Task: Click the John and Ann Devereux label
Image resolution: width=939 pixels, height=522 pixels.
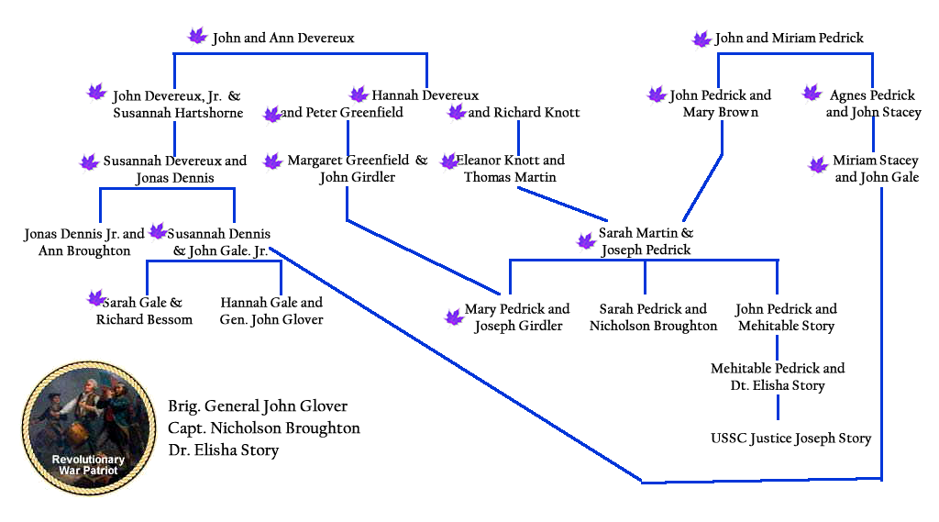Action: point(282,39)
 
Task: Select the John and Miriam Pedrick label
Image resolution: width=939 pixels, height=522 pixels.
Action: point(789,39)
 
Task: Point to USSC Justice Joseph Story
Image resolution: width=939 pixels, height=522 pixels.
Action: point(790,439)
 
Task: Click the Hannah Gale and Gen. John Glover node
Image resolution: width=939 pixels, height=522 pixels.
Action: point(271,311)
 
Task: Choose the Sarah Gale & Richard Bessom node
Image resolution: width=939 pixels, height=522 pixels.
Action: point(144,311)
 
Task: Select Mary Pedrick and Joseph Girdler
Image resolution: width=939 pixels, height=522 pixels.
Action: point(518,317)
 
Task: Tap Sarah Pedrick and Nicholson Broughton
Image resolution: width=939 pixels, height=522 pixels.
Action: point(653,317)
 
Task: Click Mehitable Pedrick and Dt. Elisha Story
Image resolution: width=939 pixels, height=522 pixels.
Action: point(778,377)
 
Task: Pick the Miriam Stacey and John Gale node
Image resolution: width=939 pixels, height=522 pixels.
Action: point(876,169)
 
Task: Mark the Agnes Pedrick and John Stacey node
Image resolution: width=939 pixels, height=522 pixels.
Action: point(872,104)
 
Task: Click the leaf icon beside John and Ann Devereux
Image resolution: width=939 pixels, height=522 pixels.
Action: point(197,37)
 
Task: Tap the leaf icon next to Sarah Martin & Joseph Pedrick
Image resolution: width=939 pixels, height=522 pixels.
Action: point(585,241)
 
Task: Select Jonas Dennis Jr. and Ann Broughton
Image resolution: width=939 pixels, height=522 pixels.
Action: point(84,242)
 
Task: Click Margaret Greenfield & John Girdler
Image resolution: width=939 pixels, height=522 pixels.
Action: point(358,169)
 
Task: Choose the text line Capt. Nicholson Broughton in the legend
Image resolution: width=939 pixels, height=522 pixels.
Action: point(264,428)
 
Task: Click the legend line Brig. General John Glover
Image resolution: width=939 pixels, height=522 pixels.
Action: point(258,406)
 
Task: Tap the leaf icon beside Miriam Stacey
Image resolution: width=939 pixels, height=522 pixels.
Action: point(818,165)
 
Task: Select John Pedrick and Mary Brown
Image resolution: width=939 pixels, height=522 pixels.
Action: point(720,104)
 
